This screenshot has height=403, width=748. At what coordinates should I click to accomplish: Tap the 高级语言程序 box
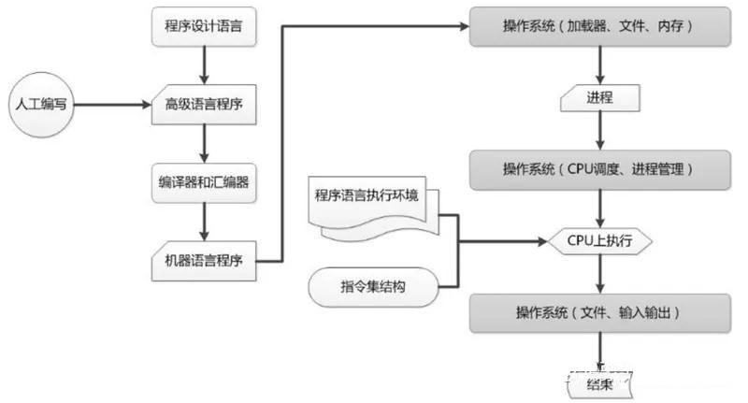(x=202, y=104)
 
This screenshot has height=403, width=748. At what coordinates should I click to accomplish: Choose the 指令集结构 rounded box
(x=372, y=286)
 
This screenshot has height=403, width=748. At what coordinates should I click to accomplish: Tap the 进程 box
(x=599, y=96)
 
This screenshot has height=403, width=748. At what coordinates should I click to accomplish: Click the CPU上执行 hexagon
(x=599, y=240)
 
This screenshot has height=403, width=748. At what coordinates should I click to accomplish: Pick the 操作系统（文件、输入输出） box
(x=598, y=311)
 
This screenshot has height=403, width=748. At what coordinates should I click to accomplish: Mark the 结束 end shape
(x=599, y=382)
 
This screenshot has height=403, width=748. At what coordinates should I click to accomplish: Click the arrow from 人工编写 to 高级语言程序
(x=112, y=104)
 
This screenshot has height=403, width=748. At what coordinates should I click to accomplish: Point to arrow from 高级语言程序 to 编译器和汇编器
(x=202, y=142)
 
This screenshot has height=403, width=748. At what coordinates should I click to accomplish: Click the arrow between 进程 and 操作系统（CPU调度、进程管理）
(x=599, y=131)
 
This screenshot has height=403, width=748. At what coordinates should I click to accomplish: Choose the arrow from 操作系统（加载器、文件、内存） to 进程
(x=599, y=63)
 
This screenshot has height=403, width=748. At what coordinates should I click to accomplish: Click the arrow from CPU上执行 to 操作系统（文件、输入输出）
(x=599, y=275)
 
